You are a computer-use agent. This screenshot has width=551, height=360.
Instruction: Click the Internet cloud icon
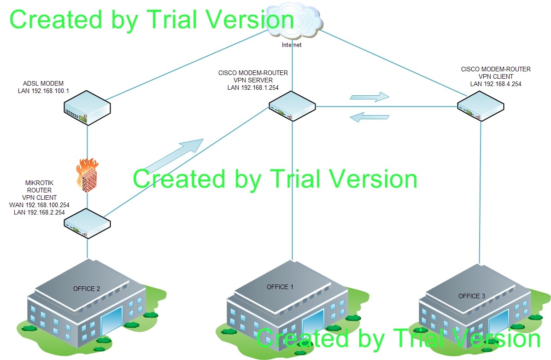(293, 22)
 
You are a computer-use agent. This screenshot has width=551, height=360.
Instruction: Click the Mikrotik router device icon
(87, 223)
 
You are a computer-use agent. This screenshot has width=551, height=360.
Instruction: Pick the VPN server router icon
(292, 106)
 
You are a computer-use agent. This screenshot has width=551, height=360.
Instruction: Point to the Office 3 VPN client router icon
(481, 106)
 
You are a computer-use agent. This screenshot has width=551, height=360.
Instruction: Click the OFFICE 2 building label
(87, 289)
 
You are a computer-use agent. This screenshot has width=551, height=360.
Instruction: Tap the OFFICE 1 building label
(280, 287)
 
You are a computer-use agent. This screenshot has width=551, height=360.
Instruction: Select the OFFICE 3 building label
(472, 296)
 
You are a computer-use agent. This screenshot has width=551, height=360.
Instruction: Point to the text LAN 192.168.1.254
(253, 87)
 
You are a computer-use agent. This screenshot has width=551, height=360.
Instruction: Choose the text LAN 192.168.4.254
(496, 84)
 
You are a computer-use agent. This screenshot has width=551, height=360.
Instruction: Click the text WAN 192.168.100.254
(39, 205)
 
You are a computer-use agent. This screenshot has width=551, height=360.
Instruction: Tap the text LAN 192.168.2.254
(39, 212)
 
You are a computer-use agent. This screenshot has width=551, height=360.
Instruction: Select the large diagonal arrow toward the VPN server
(174, 155)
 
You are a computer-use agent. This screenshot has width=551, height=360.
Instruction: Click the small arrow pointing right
(369, 97)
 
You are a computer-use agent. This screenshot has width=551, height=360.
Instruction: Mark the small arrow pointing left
(369, 117)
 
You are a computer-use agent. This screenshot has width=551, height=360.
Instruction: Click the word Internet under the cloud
(292, 45)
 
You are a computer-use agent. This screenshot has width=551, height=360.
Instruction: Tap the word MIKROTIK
(39, 183)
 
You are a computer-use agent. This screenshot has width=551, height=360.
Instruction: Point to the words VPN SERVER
(253, 80)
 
